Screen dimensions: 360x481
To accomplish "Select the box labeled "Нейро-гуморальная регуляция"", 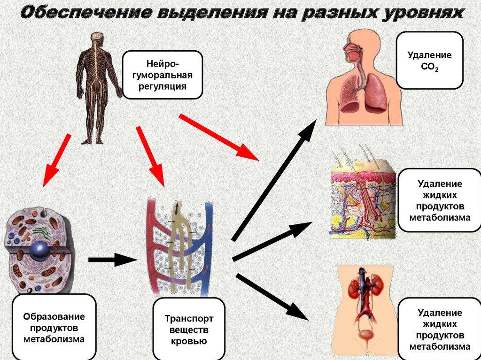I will pyautogui.click(x=163, y=75).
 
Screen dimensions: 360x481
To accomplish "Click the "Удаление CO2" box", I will pyautogui.click(x=429, y=61).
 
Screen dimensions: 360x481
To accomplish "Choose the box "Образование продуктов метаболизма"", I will pyautogui.click(x=54, y=327).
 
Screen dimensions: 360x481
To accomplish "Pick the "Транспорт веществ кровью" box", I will pyautogui.click(x=189, y=330).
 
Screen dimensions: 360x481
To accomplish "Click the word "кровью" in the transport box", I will pyautogui.click(x=189, y=341).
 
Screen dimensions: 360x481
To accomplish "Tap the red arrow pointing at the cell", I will pyautogui.click(x=56, y=160).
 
